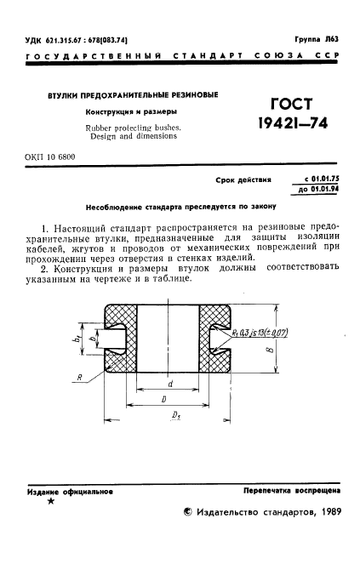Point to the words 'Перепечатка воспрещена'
(x=291, y=492)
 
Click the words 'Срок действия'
(x=247, y=180)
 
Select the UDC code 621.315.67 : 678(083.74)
(x=77, y=40)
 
